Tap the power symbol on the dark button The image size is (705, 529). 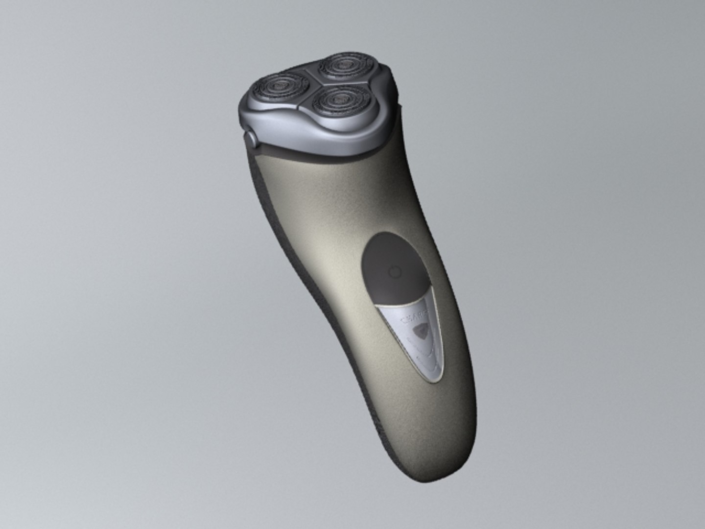click(x=394, y=272)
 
